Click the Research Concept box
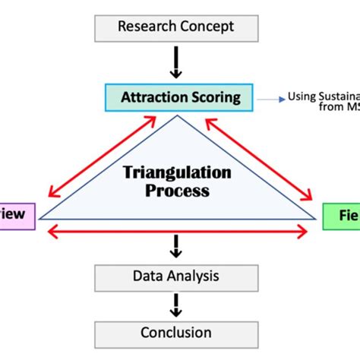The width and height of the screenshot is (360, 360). click(175, 27)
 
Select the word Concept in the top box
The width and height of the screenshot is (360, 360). click(207, 27)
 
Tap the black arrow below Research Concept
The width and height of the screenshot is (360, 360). click(176, 63)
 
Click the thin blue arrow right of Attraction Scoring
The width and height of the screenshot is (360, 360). click(269, 98)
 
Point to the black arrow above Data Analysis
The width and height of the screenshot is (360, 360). click(176, 245)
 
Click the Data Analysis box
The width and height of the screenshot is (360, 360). click(175, 277)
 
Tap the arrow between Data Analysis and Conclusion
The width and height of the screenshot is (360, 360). click(176, 305)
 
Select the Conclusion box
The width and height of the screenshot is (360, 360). click(175, 332)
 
